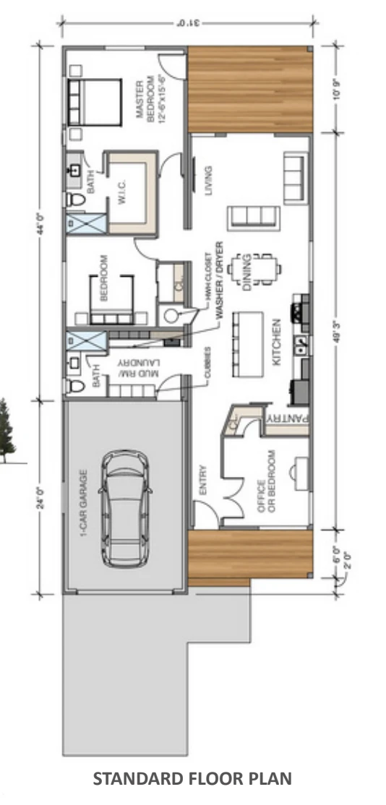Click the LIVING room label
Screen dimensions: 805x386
(210, 181)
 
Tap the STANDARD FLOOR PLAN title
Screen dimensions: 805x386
(193, 779)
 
